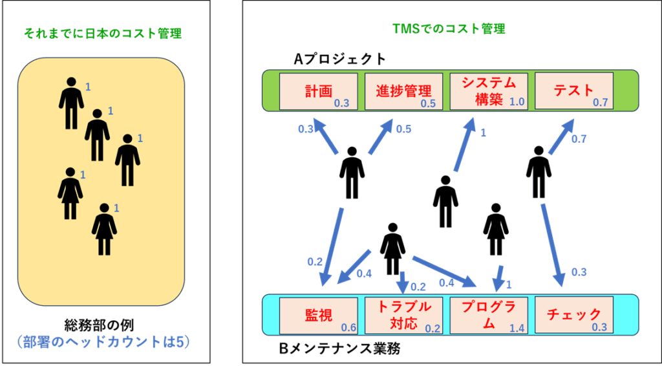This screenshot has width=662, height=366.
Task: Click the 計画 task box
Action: coord(319,92)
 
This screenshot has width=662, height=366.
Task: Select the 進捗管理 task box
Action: coord(403,92)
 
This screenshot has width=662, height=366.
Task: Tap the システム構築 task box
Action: coord(489,92)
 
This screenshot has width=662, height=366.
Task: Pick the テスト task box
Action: coord(574,92)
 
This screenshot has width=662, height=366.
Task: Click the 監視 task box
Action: coord(319,315)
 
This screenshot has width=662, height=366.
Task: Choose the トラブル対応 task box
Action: coord(403,315)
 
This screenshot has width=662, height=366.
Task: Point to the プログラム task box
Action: coord(489,315)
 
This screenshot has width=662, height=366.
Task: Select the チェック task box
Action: coord(574,315)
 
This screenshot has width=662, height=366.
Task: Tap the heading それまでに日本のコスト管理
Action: coord(103,34)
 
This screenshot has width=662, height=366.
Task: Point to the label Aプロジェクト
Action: coord(340,59)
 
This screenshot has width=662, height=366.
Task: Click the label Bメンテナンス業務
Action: coord(340,349)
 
